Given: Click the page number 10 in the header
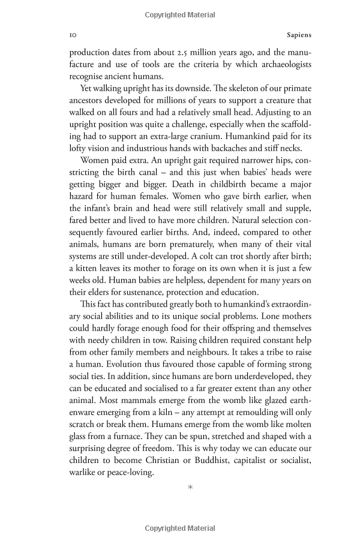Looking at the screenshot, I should (x=73, y=35).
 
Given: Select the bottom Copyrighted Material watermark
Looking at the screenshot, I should (x=180, y=528).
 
